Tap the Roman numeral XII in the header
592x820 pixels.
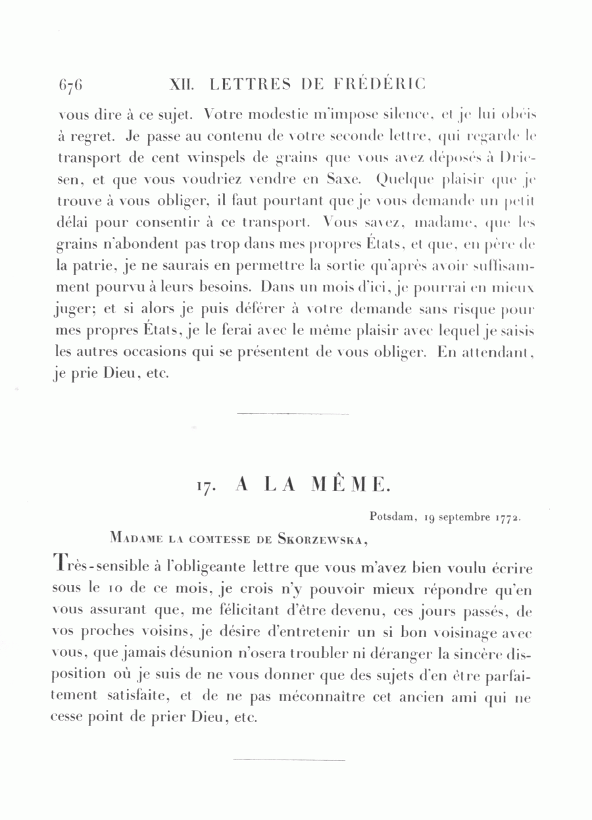click(181, 84)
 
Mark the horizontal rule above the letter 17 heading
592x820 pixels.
click(292, 414)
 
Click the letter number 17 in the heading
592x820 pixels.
click(205, 486)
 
